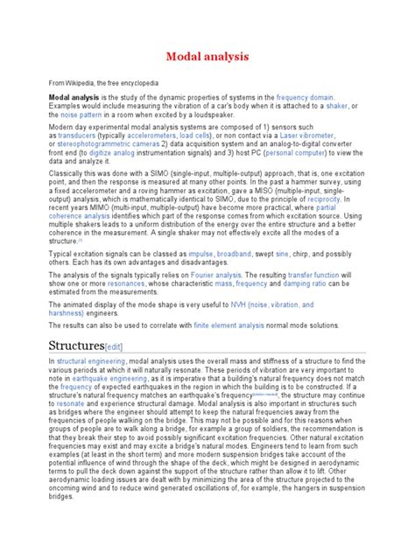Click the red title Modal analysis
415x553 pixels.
pyautogui.click(x=207, y=57)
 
